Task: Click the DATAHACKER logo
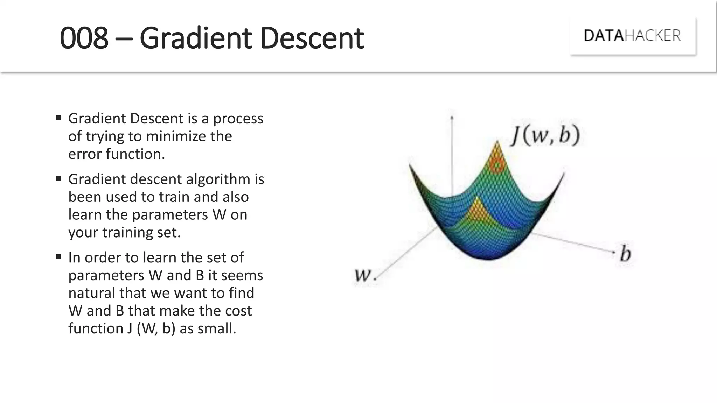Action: point(632,36)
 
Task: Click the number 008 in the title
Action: point(84,38)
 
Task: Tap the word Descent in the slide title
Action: point(312,38)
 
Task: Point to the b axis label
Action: point(625,254)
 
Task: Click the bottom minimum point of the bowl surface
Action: point(488,258)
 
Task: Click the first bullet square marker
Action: point(58,118)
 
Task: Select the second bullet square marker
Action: point(58,178)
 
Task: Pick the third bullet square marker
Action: point(58,257)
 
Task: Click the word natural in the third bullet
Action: point(92,293)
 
